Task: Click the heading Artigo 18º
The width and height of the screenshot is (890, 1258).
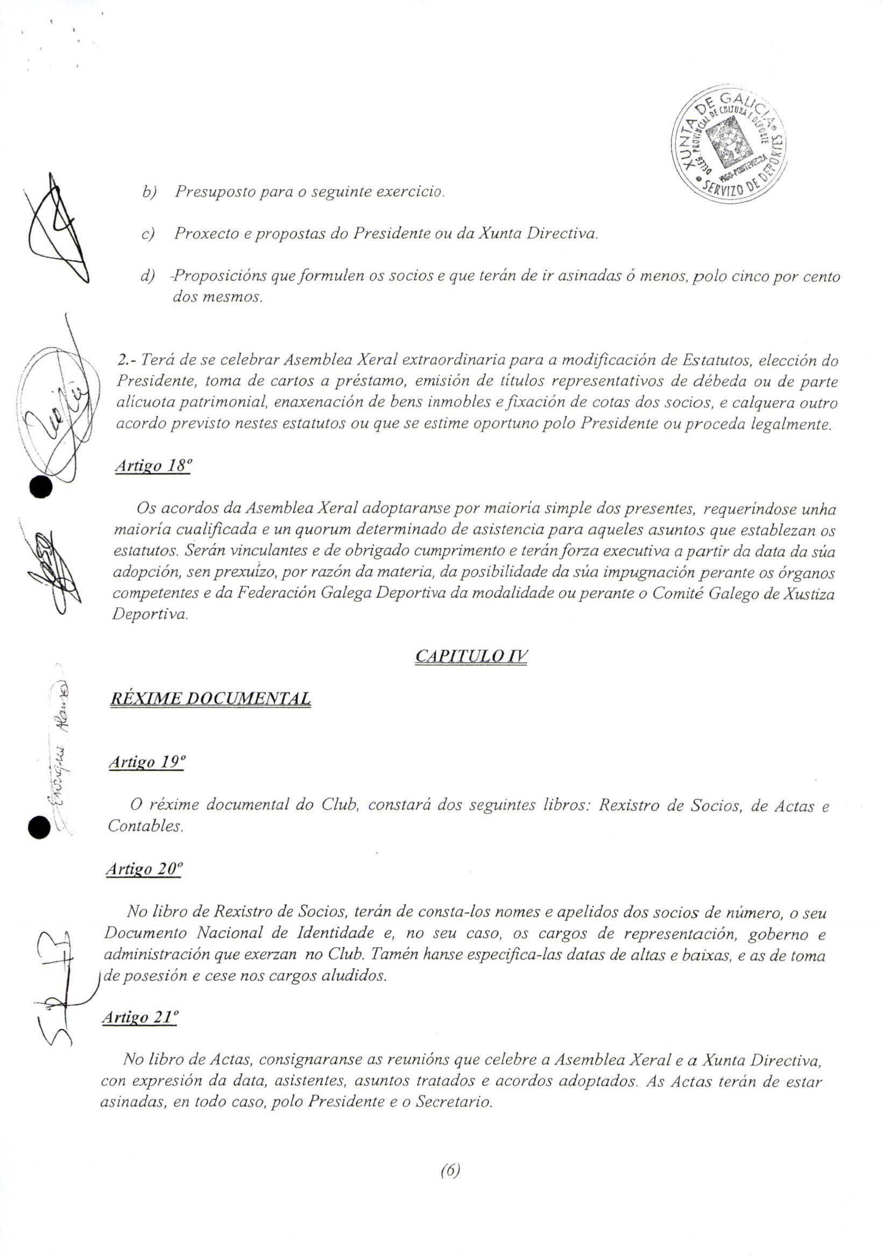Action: [x=153, y=466]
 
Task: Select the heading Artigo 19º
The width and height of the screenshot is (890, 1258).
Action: [x=147, y=762]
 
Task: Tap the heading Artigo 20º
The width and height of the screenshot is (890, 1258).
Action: [x=144, y=869]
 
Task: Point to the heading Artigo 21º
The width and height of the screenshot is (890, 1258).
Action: [x=140, y=1018]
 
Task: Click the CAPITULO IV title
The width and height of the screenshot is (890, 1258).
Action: [x=471, y=656]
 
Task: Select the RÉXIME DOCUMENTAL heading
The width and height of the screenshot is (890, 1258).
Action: [x=210, y=699]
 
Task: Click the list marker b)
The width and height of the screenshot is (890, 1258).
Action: [x=149, y=193]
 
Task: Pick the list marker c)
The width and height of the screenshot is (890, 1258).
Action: [x=148, y=234]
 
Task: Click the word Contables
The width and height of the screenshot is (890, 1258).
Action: [x=145, y=826]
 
